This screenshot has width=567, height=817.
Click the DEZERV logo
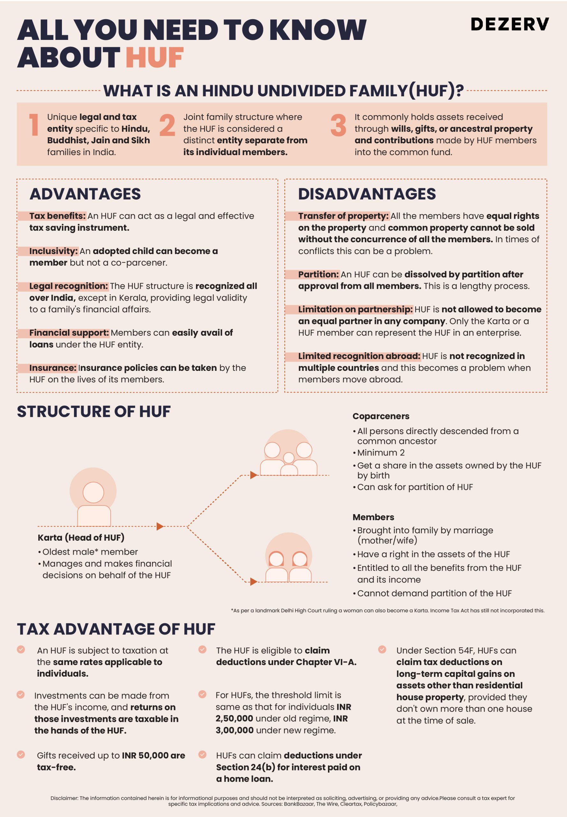point(510,24)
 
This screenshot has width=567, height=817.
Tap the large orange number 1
point(34,125)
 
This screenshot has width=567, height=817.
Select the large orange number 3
point(338,125)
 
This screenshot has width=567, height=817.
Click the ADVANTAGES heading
point(85,194)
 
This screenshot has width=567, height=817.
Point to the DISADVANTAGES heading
point(367,194)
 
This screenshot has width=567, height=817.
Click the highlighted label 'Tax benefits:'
point(57,216)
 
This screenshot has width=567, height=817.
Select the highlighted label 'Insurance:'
point(53,368)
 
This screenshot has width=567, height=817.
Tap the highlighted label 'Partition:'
point(318,274)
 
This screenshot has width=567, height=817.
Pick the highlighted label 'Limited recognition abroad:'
point(359,356)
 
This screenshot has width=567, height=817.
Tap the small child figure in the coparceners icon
point(289,464)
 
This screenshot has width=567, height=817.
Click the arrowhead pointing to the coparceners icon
point(253,475)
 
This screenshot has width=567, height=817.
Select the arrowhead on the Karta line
point(160,526)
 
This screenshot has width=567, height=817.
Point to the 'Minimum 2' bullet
point(380,453)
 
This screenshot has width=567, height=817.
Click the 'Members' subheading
point(373,517)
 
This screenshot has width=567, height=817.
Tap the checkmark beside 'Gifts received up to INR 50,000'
point(21,754)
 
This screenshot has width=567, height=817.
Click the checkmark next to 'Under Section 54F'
point(382,649)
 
